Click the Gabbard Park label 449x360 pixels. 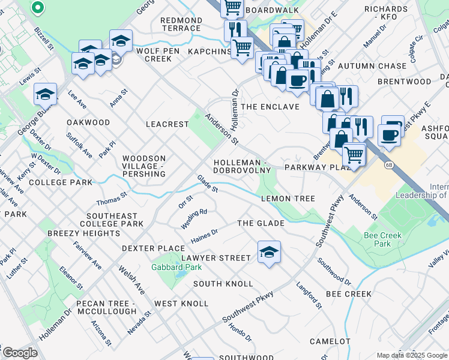(x=167, y=267)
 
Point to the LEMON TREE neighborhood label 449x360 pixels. (x=288, y=199)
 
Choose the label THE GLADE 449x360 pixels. (x=261, y=223)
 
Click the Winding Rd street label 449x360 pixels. (x=194, y=220)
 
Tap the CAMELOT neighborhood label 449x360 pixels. (x=330, y=341)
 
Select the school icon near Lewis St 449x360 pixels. (x=45, y=94)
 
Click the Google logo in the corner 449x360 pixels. (x=20, y=353)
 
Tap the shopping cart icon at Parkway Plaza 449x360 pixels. (x=354, y=155)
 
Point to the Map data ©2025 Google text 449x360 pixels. (x=412, y=355)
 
